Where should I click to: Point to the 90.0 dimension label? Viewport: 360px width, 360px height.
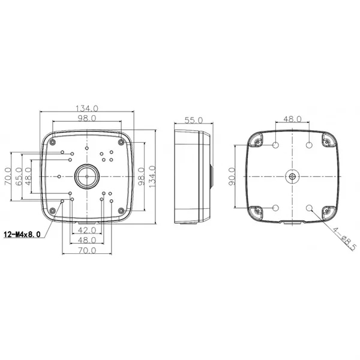pyautogui.click(x=232, y=178)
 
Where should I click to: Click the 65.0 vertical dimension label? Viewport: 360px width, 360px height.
pyautogui.click(x=19, y=178)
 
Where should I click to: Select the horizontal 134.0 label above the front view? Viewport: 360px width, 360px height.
pyautogui.click(x=86, y=109)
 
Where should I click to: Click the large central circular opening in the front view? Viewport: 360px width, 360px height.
pyautogui.click(x=86, y=178)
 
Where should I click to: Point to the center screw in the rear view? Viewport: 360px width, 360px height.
pyautogui.click(x=292, y=177)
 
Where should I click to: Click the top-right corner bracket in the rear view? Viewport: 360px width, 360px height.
pyautogui.click(x=327, y=140)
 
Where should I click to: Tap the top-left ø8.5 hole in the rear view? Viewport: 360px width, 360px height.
pyautogui.click(x=276, y=146)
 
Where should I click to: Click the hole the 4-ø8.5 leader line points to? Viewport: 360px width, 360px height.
pyautogui.click(x=309, y=208)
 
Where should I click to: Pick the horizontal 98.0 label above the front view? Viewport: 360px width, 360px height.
pyautogui.click(x=86, y=119)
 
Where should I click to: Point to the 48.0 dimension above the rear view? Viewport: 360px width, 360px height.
pyautogui.click(x=292, y=119)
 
